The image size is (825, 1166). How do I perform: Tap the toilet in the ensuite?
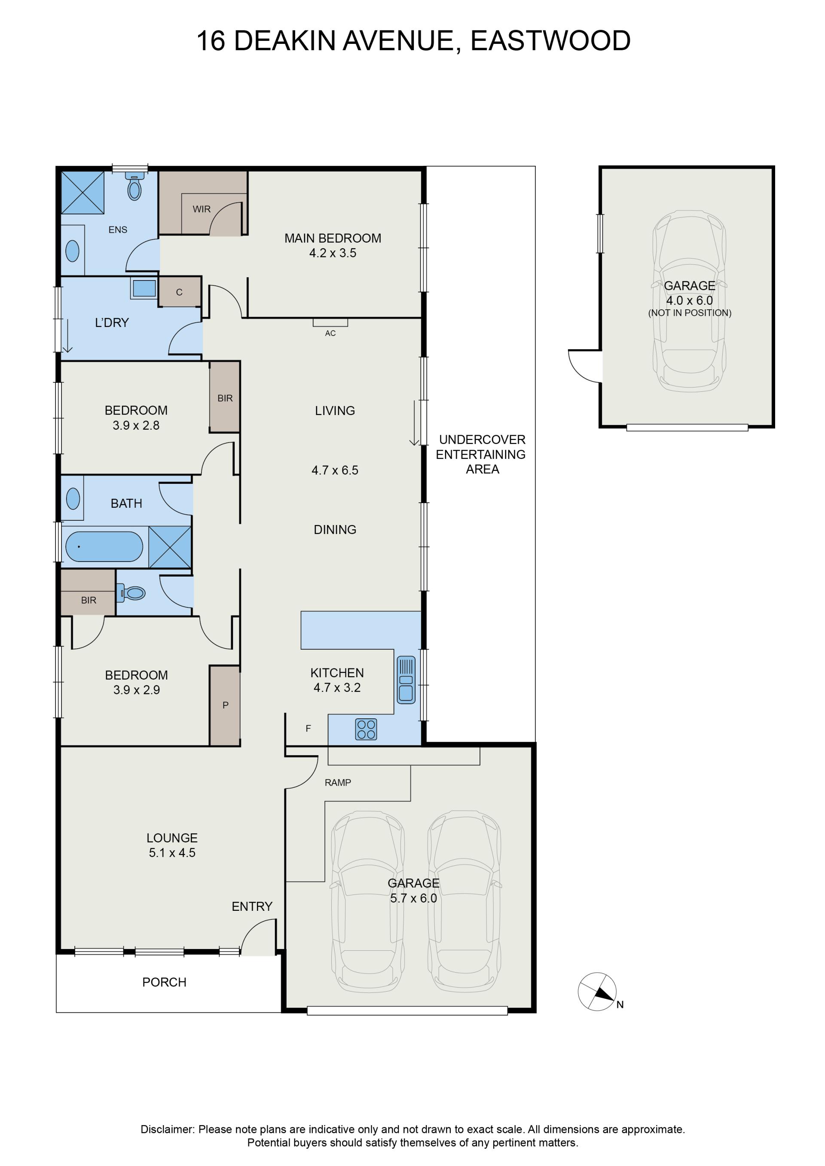[x=134, y=186]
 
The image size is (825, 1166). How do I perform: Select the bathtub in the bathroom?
[x=104, y=546]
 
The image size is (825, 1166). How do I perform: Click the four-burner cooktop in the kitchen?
[x=366, y=729]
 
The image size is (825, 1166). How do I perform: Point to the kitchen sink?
[x=406, y=680]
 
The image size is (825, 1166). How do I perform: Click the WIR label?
[x=202, y=209]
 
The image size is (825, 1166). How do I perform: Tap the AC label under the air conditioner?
[x=330, y=333]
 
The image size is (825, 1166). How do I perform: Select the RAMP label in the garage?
[x=338, y=783]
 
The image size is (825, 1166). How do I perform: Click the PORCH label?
[x=164, y=982]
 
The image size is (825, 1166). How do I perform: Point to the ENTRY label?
[x=252, y=907]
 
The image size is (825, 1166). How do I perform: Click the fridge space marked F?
[x=308, y=729]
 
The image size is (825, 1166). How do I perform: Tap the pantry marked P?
[x=225, y=705]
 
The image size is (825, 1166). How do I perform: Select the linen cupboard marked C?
[x=179, y=292]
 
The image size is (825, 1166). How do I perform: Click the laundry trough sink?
[x=144, y=288]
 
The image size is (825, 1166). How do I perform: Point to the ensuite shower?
[x=82, y=192]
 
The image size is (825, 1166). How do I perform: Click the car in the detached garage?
[x=689, y=301]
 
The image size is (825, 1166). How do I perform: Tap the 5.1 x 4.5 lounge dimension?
[x=172, y=853]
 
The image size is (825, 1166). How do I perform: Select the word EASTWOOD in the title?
[x=551, y=41]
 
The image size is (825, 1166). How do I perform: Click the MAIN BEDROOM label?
[x=333, y=238]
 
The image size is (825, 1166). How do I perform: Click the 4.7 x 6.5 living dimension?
[x=335, y=470]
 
